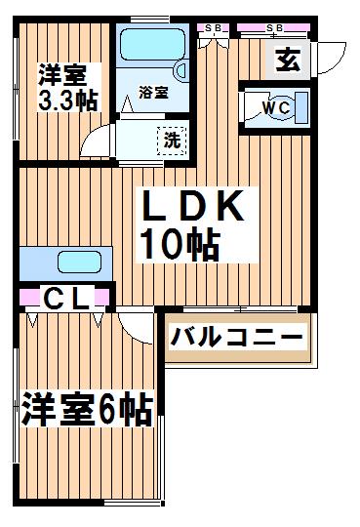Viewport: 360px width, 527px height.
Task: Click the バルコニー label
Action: (x=237, y=338)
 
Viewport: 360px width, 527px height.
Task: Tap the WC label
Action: (x=274, y=108)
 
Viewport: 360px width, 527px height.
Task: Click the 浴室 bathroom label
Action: (x=152, y=94)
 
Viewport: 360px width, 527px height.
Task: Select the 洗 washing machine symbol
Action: (x=172, y=139)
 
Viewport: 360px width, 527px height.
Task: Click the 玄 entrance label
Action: (x=286, y=60)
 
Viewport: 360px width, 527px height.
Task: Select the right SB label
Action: (x=275, y=28)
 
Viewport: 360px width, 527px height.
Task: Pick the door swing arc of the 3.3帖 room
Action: (x=98, y=143)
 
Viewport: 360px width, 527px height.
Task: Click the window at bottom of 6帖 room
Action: (x=132, y=506)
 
